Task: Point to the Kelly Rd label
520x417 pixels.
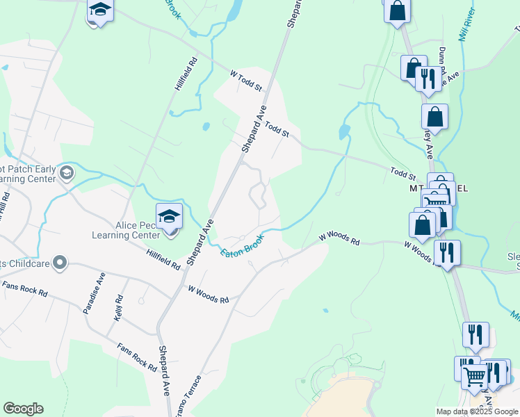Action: (119, 307)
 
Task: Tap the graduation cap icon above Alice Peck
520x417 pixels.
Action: (169, 215)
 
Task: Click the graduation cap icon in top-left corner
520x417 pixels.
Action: (99, 10)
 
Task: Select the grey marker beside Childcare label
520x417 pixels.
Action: (60, 263)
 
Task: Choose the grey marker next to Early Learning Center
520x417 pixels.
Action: (67, 172)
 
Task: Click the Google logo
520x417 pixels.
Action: (23, 409)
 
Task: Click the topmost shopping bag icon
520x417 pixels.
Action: (397, 10)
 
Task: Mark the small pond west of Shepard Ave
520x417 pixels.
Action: (206, 126)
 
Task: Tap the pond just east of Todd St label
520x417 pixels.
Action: (343, 131)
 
